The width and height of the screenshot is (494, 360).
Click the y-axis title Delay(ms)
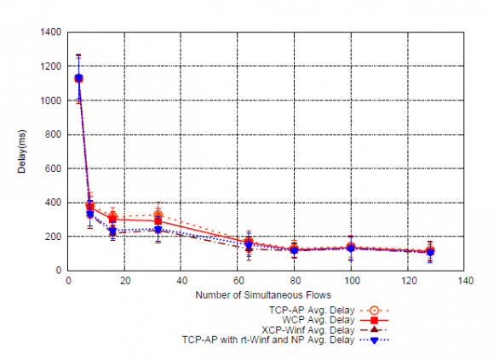(x=23, y=151)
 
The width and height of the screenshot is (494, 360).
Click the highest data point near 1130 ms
(x=79, y=78)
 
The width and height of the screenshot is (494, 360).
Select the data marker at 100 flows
(x=352, y=248)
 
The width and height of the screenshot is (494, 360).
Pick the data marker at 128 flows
(x=431, y=252)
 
